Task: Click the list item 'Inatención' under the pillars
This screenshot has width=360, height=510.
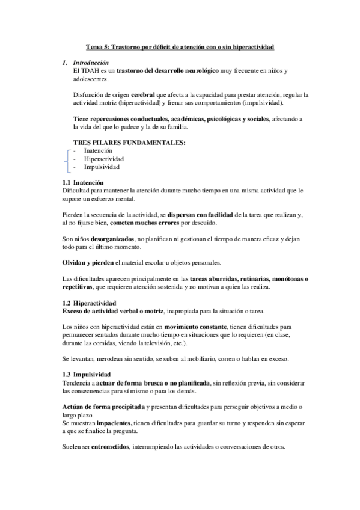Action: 98,150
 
